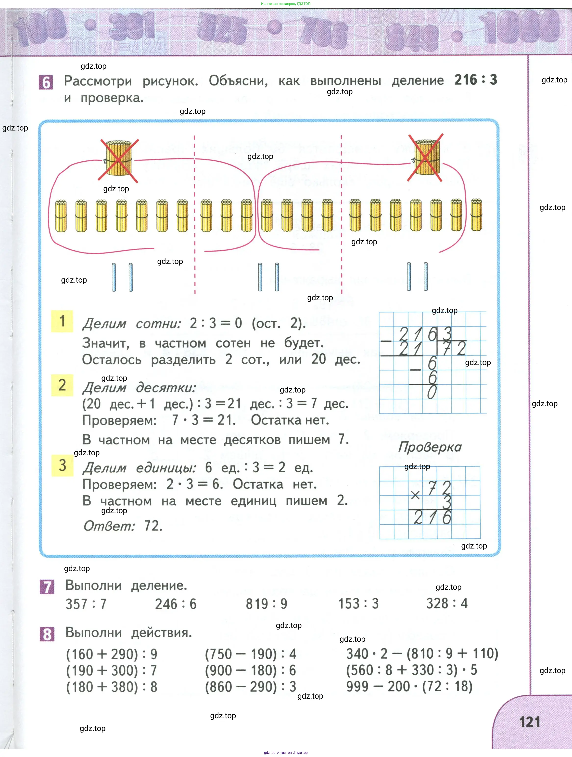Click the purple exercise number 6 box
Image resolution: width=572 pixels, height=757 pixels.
point(46,82)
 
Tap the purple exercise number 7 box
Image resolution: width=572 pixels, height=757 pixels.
point(47,587)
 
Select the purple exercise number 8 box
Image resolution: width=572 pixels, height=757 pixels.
point(47,634)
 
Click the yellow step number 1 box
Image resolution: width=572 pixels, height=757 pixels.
point(62,321)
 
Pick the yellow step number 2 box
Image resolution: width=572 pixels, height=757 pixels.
point(62,385)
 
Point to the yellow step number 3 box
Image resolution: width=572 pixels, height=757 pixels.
point(62,465)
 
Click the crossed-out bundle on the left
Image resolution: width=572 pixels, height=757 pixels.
point(118,158)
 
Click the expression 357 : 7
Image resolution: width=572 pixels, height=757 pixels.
point(86,604)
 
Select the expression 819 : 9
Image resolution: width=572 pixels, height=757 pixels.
point(266,604)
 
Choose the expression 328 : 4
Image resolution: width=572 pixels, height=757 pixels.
point(446,603)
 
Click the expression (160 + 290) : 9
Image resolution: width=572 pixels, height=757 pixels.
point(112,654)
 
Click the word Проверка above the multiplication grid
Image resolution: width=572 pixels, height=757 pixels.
point(430,447)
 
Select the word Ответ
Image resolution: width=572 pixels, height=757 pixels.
point(109,526)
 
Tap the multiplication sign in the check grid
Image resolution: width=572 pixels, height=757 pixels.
point(415,495)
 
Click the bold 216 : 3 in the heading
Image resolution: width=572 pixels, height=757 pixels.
point(476,80)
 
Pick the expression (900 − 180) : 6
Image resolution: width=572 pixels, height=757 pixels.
point(250,670)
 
